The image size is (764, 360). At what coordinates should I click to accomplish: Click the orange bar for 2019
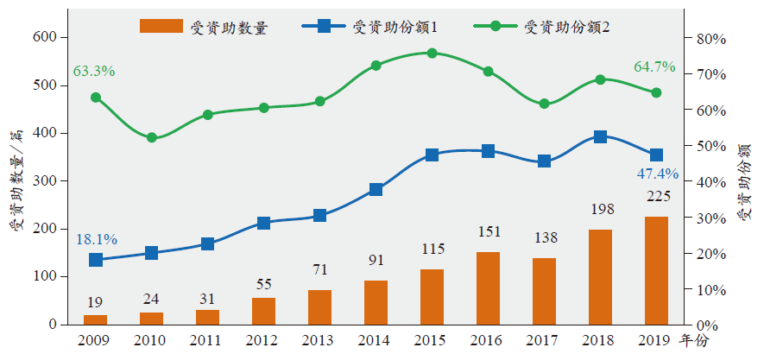tap(656, 270)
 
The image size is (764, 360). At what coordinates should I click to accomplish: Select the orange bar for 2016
tap(488, 287)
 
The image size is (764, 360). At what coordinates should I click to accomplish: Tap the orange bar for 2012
tap(263, 311)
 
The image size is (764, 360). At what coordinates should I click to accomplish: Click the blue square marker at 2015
tap(432, 155)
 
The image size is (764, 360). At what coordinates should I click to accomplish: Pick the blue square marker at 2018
tap(600, 136)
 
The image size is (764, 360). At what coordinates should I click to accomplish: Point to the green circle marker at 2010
tap(152, 137)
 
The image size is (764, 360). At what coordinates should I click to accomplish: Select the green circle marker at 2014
tap(376, 66)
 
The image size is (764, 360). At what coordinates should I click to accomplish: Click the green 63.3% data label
tap(94, 71)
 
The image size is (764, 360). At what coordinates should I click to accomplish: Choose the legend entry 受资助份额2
tap(567, 27)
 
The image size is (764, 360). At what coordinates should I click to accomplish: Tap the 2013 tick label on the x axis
tap(319, 339)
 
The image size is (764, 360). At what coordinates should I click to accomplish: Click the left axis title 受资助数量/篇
tap(15, 180)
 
